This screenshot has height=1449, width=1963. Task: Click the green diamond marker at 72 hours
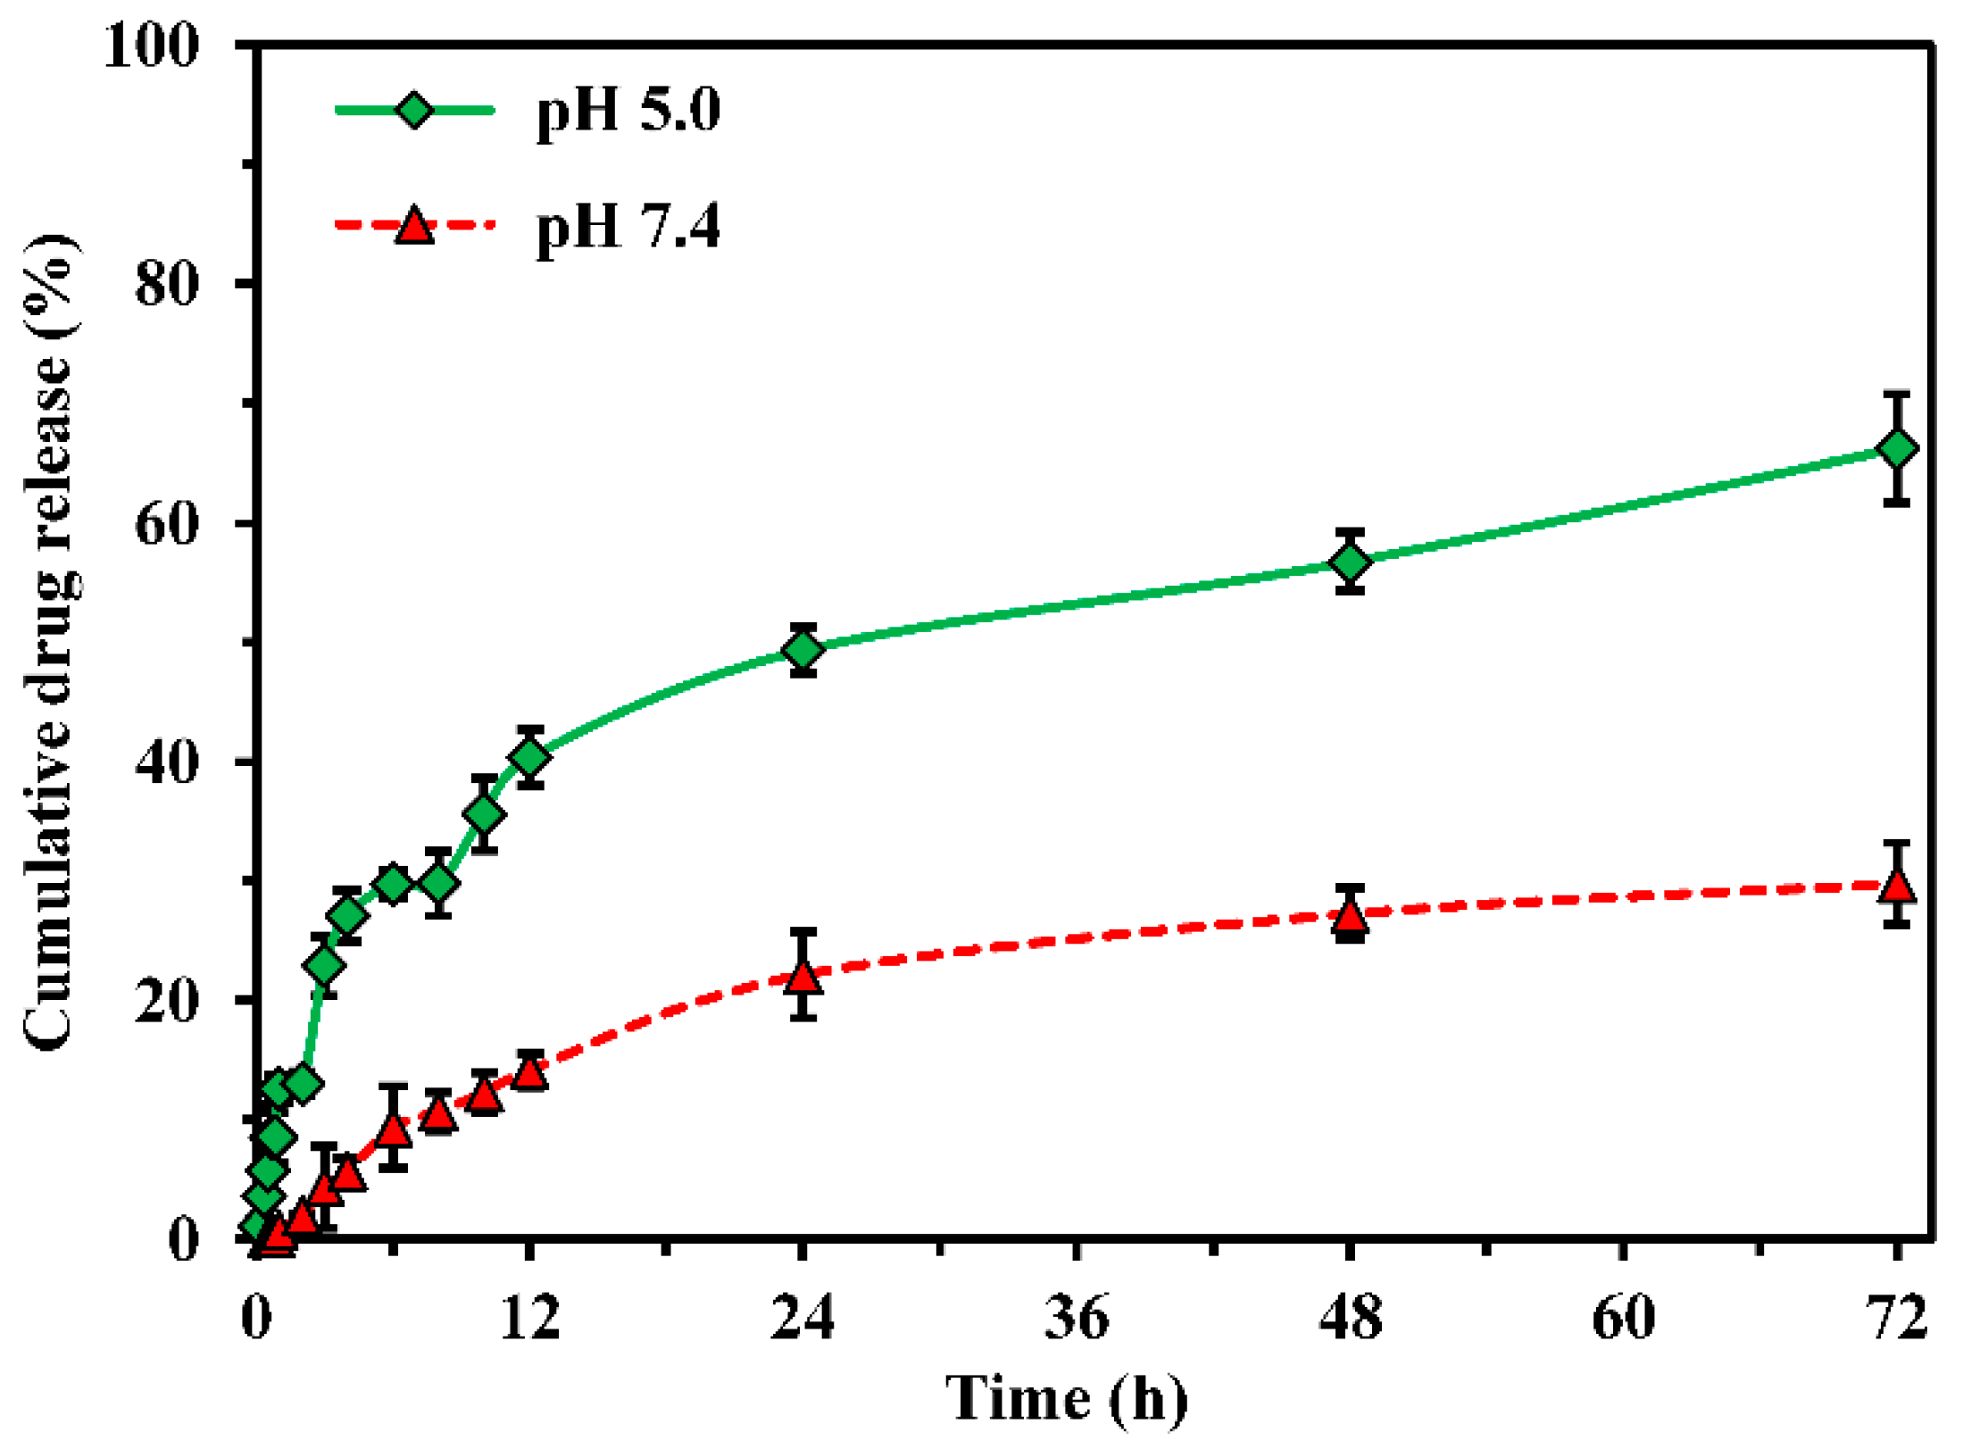[1896, 448]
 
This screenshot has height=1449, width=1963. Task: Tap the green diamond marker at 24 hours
[803, 649]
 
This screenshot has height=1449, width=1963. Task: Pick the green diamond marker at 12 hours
[529, 757]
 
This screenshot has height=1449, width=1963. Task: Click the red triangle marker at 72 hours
[1896, 885]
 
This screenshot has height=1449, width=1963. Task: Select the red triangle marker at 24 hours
[803, 978]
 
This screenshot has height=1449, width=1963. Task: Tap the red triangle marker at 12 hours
[529, 1072]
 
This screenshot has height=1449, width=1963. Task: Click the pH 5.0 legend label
[628, 111]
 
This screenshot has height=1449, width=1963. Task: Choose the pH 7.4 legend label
[628, 226]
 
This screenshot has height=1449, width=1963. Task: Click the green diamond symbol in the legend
[414, 111]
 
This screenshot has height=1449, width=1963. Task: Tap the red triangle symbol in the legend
[414, 226]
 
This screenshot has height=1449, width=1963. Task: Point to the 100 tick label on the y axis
[150, 46]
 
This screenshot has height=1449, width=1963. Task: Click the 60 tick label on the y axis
[165, 524]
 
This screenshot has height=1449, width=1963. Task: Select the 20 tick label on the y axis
[165, 1001]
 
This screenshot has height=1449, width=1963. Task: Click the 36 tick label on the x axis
[1077, 1318]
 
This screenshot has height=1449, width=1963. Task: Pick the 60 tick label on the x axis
[1623, 1318]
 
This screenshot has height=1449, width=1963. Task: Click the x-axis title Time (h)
[1067, 1398]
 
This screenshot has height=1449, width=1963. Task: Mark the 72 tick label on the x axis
[1896, 1318]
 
